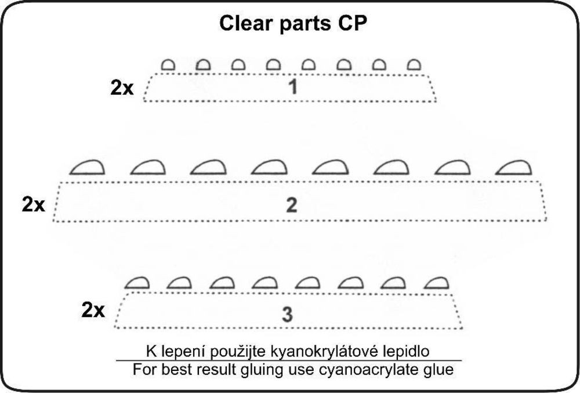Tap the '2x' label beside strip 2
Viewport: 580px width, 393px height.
tap(33, 205)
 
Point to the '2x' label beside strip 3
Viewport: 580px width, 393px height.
tap(93, 311)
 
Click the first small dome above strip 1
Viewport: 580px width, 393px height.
tap(168, 64)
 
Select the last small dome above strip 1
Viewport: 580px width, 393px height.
tap(413, 64)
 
